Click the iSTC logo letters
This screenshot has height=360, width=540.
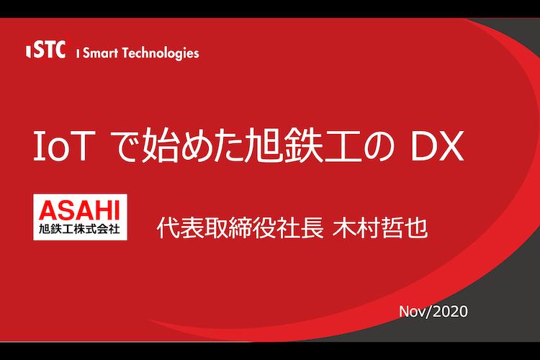pos(46,49)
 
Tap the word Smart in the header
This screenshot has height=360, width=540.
pos(101,53)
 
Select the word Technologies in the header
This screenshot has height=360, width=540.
pos(161,53)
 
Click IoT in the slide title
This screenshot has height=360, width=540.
pos(64,146)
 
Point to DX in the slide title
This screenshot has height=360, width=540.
pos(437,146)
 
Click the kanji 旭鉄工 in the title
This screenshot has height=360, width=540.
pos(304,145)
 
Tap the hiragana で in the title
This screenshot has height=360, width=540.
pos(126,146)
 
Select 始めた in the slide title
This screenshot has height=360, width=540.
pos(194,145)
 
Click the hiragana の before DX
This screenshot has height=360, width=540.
pos(379,146)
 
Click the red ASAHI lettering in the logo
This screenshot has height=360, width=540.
pos(79,210)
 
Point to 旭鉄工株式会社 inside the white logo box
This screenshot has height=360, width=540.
pos(79,229)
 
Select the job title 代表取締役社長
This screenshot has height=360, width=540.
pos(240,228)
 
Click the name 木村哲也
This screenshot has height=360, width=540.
pos(381,228)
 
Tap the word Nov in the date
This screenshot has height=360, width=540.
pos(413,312)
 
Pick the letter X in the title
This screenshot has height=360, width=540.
pos(451,146)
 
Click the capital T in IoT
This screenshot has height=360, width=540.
pos(82,146)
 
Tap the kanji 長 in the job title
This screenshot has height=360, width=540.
pos(312,228)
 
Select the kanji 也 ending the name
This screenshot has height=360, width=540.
pos(417,228)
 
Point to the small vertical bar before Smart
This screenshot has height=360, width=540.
pos(78,53)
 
